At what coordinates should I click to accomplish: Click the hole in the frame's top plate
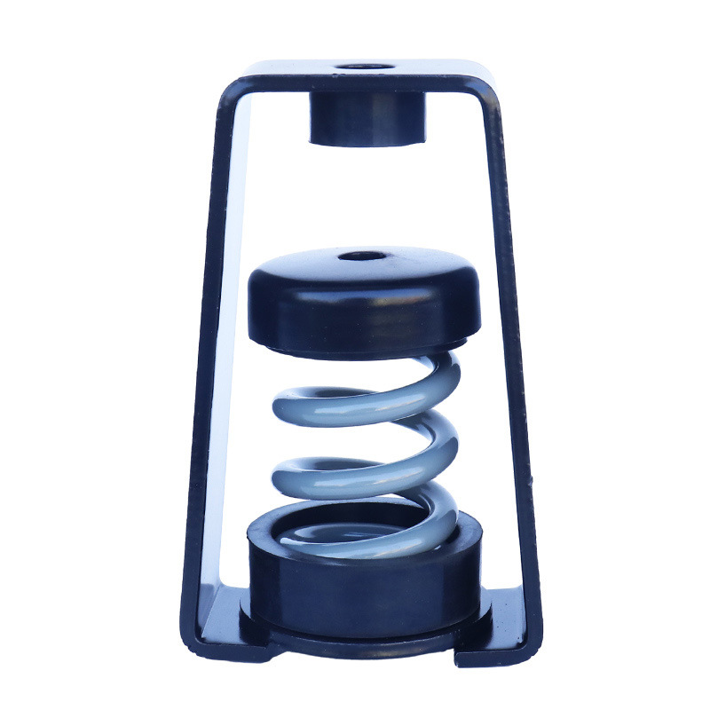[366, 67]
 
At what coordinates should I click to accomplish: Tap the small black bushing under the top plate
[367, 119]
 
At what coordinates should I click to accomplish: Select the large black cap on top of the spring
[364, 297]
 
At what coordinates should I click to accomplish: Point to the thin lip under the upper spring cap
[364, 344]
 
